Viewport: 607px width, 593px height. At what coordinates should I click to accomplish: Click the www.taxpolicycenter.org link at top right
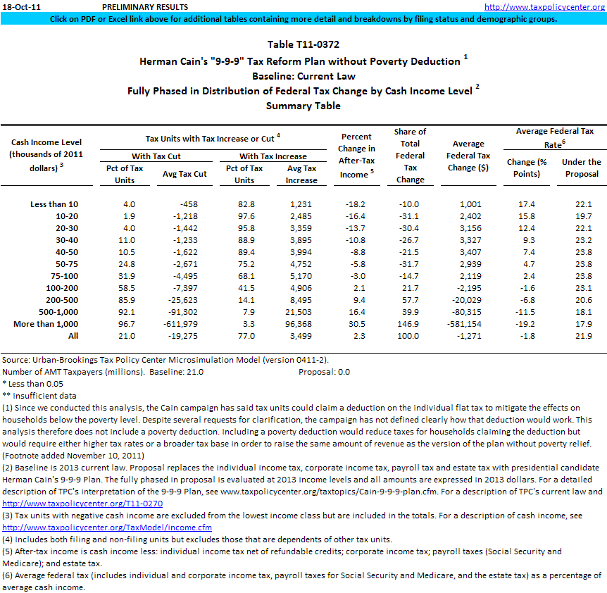click(x=545, y=6)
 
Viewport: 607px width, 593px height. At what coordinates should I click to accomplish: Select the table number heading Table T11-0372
click(x=303, y=44)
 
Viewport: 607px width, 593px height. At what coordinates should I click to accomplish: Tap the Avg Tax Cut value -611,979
click(x=184, y=324)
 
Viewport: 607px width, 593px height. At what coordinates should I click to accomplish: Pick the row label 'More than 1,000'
click(x=46, y=324)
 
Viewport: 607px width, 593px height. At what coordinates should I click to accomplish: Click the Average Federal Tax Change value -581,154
click(x=470, y=324)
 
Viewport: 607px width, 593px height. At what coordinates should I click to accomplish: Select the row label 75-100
click(x=64, y=276)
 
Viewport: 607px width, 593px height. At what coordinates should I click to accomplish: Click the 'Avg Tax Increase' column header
click(x=301, y=174)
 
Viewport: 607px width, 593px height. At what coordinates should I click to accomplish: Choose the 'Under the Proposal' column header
click(x=581, y=168)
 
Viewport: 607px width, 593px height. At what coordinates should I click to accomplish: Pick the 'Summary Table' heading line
click(x=303, y=106)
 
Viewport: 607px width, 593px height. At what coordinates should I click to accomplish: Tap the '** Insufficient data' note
click(x=39, y=396)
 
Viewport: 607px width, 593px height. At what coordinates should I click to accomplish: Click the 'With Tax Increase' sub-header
click(x=273, y=156)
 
